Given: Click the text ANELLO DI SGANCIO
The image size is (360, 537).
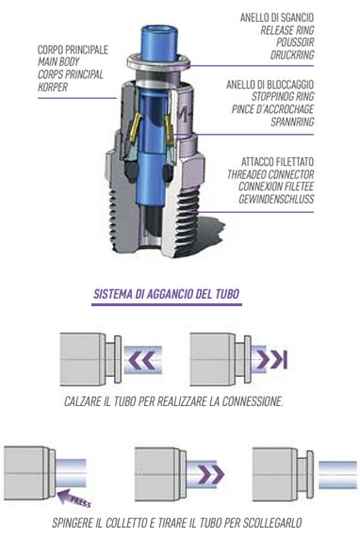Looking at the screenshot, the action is click(x=277, y=18).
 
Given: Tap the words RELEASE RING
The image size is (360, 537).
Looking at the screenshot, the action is click(x=287, y=30).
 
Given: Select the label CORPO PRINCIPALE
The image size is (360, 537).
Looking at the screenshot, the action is click(x=73, y=50).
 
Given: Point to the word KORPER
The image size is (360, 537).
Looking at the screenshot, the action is click(x=53, y=87).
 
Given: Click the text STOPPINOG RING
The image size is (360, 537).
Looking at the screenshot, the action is click(x=283, y=97).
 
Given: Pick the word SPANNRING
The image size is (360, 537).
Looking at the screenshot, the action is click(x=292, y=122).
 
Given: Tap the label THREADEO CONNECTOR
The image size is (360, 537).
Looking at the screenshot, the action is click(x=270, y=174).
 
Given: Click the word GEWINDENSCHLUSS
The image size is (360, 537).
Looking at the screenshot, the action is click(x=276, y=199).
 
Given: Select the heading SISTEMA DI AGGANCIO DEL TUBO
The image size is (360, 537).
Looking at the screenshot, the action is click(x=167, y=294).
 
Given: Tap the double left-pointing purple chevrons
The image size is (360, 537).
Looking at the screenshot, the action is click(x=141, y=360).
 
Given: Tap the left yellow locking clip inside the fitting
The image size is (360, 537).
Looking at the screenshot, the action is click(x=135, y=127).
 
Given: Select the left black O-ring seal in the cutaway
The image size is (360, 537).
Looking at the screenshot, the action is click(x=131, y=171).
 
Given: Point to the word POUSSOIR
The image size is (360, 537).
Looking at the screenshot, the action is click(x=295, y=42).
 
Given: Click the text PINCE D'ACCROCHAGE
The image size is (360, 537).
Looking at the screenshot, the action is click(x=272, y=109).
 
